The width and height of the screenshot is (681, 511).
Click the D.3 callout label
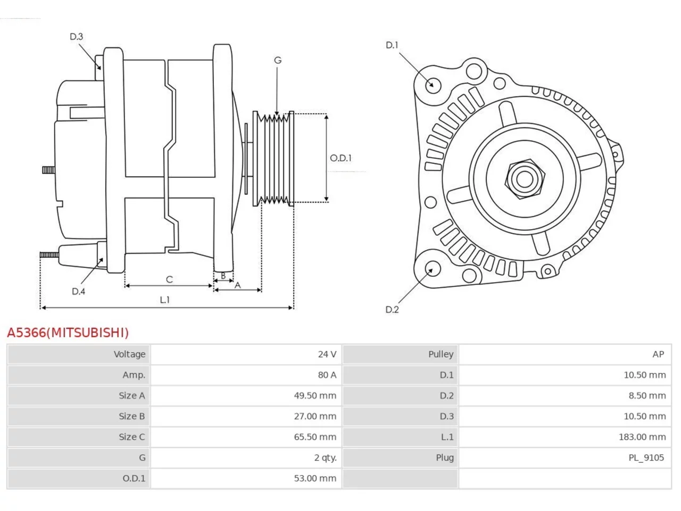(76, 37)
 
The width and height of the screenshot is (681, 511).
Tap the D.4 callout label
(78, 291)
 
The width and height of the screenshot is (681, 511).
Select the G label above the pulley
(278, 60)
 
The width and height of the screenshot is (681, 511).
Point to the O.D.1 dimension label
(340, 158)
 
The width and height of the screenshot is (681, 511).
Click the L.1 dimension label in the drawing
(165, 300)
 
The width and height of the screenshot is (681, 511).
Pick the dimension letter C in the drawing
(169, 279)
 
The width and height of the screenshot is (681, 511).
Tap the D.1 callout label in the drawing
(392, 45)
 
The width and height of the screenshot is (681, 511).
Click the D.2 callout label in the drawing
(392, 310)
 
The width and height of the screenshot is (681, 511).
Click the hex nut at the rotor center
(525, 179)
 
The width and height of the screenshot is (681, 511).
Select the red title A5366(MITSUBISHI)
(68, 333)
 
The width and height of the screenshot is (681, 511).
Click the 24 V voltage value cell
(327, 355)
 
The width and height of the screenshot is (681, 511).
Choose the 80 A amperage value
(327, 375)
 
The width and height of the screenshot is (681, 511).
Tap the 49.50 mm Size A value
(315, 395)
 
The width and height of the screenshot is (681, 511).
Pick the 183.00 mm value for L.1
(642, 437)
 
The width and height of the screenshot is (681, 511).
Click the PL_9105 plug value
(646, 458)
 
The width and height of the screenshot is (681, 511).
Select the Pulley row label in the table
(441, 355)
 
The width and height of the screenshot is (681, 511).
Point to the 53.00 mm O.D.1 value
(315, 479)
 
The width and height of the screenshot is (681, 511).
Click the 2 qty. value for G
(325, 458)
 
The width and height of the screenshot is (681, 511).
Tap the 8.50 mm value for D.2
(647, 395)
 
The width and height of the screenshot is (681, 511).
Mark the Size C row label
(132, 437)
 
